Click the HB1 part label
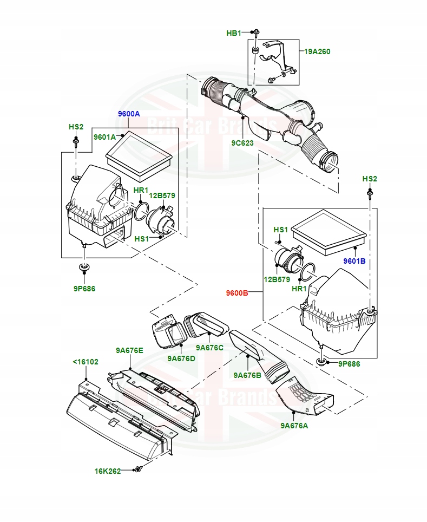click(x=233, y=33)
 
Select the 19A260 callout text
click(x=317, y=51)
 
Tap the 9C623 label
click(x=242, y=143)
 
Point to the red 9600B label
click(x=237, y=293)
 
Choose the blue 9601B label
click(x=354, y=261)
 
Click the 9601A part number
click(x=104, y=137)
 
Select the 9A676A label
click(x=294, y=425)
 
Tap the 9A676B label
click(x=247, y=375)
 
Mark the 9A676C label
click(x=209, y=348)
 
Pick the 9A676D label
click(x=181, y=358)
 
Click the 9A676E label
click(x=129, y=350)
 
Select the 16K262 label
click(x=107, y=471)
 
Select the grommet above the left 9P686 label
click(x=84, y=267)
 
